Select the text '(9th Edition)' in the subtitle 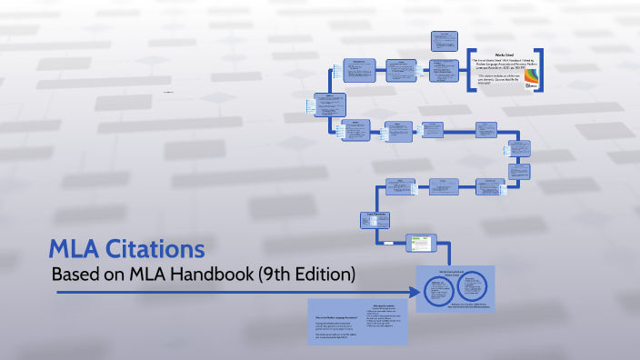click(x=313, y=273)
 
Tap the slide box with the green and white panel click(x=420, y=243)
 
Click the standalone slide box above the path click(x=445, y=41)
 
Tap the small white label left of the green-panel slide click(x=388, y=244)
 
